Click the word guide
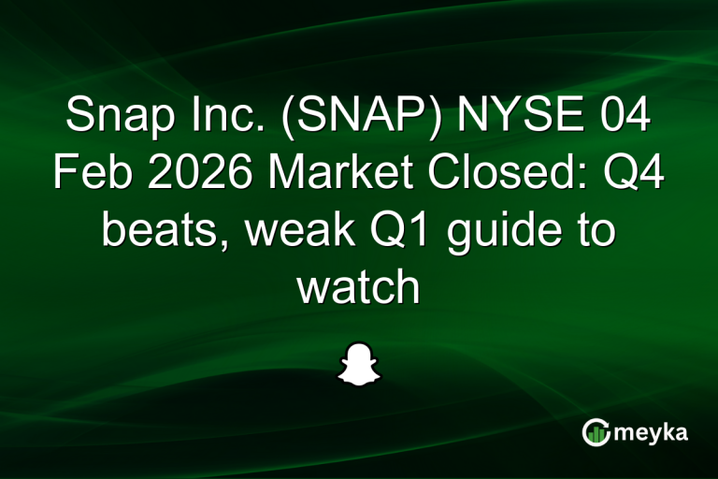(x=497, y=231)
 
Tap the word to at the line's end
(x=595, y=231)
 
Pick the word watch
(x=359, y=287)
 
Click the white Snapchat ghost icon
(x=359, y=363)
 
